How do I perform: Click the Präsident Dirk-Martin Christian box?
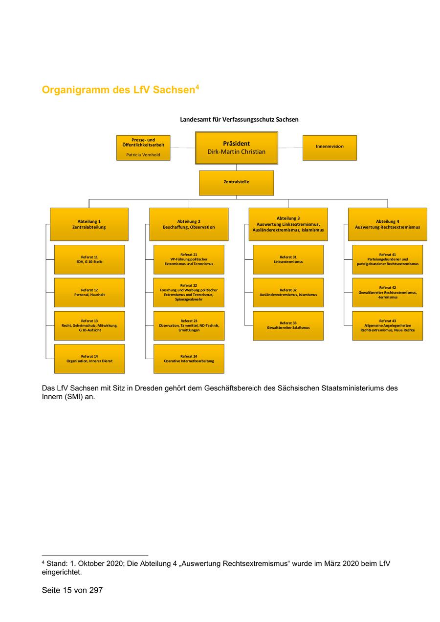236,148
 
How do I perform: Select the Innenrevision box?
330,148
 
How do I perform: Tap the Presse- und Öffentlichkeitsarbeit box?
143,148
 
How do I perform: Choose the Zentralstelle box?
236,183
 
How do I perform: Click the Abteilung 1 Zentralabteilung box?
89,224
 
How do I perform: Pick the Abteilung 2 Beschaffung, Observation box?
189,224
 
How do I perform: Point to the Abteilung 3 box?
288,224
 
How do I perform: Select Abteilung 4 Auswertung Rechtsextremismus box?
387,224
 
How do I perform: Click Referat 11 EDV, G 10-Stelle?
89,259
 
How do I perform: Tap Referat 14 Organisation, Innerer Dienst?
89,359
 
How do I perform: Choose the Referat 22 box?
189,292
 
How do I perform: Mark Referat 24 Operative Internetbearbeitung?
189,359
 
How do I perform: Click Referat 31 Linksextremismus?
288,259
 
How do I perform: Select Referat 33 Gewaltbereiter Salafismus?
288,325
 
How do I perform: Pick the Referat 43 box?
387,325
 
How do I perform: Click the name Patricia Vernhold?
143,154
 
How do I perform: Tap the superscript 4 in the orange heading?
197,87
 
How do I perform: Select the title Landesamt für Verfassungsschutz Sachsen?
239,119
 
